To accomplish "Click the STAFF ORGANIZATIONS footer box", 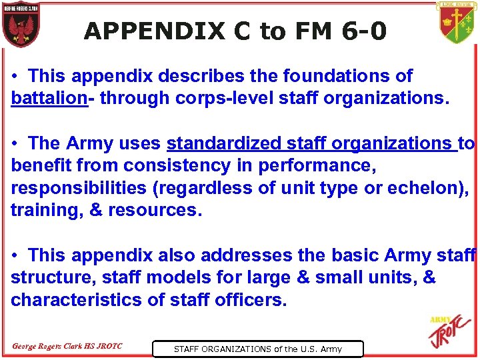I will click(x=257, y=349).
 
